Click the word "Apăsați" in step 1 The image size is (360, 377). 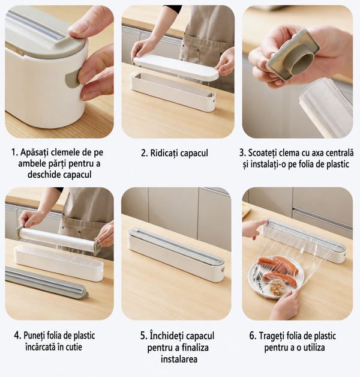click(34, 152)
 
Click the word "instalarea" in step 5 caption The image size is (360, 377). click(179, 359)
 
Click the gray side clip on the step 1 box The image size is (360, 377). click(73, 78)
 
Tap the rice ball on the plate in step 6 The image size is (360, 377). click(277, 288)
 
